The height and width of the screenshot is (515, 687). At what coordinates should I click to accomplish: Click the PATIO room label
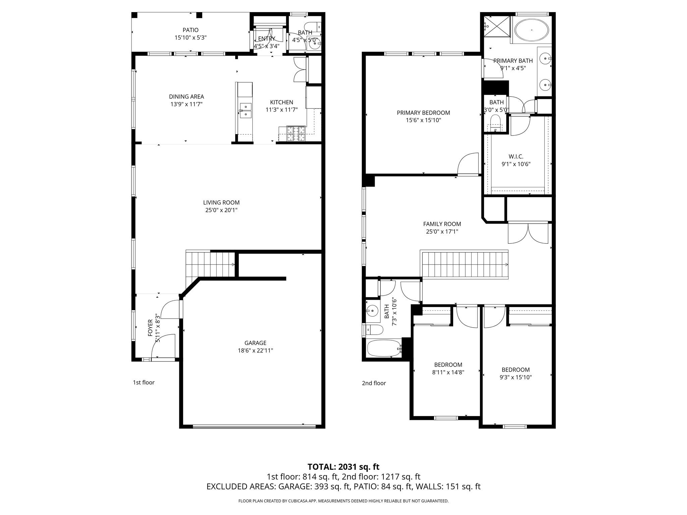(191, 30)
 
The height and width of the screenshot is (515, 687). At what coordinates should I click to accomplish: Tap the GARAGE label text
(255, 343)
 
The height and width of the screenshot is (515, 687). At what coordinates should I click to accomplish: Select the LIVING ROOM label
(221, 203)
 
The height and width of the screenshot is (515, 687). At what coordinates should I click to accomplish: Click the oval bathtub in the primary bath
(532, 30)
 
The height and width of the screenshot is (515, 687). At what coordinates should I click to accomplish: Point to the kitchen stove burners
(296, 134)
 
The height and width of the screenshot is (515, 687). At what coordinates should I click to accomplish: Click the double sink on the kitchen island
(246, 111)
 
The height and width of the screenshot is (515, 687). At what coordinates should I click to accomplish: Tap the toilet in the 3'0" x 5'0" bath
(495, 123)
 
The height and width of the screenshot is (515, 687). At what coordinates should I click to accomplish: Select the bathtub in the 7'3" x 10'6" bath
(384, 349)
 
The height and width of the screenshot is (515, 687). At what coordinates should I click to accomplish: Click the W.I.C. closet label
(516, 157)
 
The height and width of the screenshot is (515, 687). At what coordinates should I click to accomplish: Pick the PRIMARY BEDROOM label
(423, 113)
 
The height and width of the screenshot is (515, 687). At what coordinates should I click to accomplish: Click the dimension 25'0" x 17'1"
(442, 231)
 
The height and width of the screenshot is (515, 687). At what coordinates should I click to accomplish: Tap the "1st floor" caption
(144, 382)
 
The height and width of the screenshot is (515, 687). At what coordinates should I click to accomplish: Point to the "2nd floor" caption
(374, 383)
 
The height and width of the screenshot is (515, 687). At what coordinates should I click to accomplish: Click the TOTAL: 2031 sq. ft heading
(343, 467)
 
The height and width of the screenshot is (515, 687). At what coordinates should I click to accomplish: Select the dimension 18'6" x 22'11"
(255, 351)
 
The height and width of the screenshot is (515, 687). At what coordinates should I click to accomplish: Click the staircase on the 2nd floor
(465, 265)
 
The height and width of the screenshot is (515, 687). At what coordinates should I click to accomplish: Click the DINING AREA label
(187, 97)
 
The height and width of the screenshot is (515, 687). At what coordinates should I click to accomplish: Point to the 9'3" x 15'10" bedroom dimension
(516, 377)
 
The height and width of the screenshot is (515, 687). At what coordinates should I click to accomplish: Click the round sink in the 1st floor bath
(314, 43)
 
